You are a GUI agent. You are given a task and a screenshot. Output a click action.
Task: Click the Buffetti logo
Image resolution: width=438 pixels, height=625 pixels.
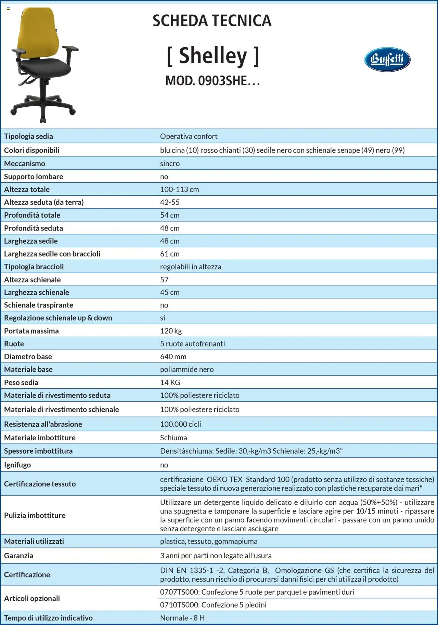387,60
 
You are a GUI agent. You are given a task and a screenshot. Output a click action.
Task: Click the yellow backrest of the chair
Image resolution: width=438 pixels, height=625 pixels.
39,34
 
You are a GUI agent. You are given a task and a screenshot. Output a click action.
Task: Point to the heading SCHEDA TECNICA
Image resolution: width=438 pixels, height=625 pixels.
212,21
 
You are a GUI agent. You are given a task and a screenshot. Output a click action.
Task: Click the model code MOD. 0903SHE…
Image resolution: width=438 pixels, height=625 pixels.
212,81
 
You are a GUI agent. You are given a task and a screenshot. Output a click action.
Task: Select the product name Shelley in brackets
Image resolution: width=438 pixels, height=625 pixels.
213,56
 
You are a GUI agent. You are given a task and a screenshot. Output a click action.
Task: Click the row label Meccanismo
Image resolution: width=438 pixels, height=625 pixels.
25,164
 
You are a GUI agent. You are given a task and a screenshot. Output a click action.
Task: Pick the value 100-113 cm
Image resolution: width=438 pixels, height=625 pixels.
179,190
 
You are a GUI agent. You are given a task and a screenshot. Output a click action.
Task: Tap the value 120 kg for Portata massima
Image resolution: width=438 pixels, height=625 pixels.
171,331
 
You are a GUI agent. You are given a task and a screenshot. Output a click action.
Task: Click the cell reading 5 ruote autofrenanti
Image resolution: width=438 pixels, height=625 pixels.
192,344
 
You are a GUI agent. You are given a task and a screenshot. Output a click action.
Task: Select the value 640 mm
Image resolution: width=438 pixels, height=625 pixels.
173,356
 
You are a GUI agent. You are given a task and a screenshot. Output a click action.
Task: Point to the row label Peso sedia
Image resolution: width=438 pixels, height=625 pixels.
21,382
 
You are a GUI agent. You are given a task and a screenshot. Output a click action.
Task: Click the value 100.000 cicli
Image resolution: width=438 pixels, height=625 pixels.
180,424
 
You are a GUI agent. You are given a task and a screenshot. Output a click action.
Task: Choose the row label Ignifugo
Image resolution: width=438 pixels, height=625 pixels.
17,465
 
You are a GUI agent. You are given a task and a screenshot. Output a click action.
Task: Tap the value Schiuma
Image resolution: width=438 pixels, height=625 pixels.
173,438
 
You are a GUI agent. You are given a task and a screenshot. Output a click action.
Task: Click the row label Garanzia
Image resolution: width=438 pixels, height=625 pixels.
19,556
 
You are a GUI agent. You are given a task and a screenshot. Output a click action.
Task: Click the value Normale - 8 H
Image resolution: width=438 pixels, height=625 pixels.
182,618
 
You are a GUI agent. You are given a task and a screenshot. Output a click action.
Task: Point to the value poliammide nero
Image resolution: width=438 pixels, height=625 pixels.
187,369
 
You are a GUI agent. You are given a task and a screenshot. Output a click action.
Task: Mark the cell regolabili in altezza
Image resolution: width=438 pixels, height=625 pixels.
191,267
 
